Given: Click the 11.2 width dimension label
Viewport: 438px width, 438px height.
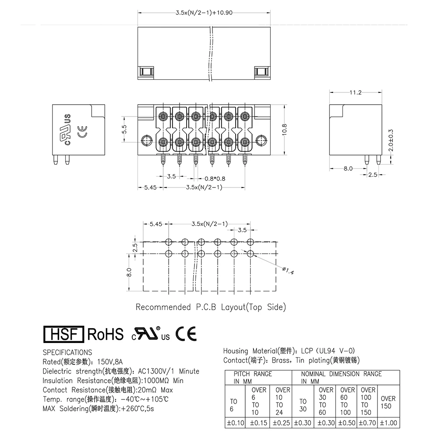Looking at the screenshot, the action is tap(355, 92).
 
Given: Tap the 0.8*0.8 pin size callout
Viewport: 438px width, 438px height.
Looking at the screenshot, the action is tap(215, 178).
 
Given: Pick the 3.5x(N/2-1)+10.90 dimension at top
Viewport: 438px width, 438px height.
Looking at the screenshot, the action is tap(204, 13).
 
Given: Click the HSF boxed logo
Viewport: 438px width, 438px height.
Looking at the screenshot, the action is tap(64, 334).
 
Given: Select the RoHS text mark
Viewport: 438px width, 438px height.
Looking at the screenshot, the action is tap(106, 334).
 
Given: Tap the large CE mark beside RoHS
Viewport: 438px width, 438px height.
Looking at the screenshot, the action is tap(186, 334).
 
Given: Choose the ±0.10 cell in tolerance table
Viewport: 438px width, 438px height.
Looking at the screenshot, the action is tap(235, 423).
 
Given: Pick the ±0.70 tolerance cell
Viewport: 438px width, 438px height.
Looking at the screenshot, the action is tap(367, 423).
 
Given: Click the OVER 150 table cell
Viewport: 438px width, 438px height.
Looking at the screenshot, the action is tap(388, 402).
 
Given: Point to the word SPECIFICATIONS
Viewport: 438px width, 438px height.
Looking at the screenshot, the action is tap(67, 352).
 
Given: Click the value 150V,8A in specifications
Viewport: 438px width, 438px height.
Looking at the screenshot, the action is tap(109, 362).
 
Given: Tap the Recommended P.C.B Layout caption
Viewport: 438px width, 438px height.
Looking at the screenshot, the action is tap(210, 307).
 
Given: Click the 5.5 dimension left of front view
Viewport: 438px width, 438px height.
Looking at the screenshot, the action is tap(124, 129).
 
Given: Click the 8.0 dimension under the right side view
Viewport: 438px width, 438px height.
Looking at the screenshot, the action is tap(348, 169).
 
